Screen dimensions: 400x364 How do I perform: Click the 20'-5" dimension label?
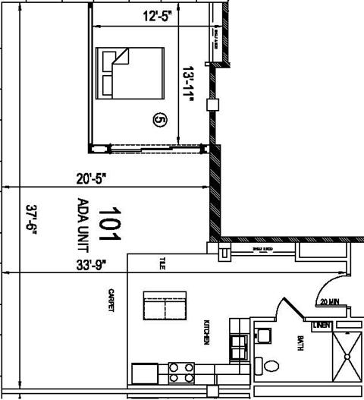(92, 179)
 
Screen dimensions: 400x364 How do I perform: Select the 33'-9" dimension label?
(92, 265)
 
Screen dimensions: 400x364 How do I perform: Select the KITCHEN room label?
(206, 332)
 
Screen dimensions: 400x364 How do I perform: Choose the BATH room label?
(301, 343)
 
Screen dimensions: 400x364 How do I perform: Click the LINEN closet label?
(321, 326)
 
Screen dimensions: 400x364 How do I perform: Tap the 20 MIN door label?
(329, 301)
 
